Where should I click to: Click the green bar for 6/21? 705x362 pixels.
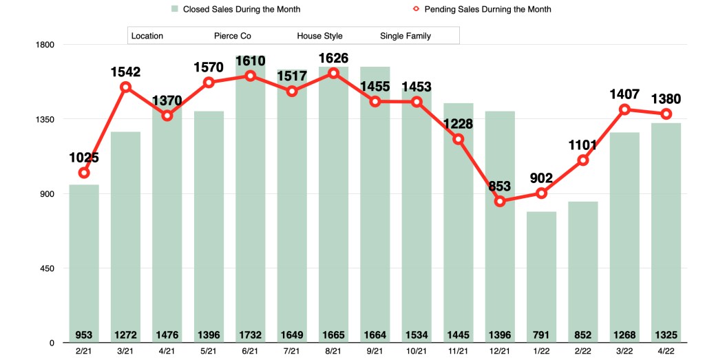(251, 206)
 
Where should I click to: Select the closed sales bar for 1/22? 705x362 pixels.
(541, 275)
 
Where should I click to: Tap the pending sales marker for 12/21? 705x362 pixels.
(500, 202)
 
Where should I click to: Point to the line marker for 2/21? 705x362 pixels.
(84, 173)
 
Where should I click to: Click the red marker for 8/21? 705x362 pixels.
(334, 73)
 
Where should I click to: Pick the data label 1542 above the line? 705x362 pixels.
(126, 72)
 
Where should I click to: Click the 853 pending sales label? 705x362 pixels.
(501, 186)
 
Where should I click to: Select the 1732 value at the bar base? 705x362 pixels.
(251, 335)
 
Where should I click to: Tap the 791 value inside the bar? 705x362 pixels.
(541, 335)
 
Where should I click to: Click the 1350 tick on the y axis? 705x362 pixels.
(45, 119)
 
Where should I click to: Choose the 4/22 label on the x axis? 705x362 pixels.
(666, 352)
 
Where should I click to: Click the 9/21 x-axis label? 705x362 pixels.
(375, 352)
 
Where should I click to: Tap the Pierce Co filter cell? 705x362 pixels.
(232, 36)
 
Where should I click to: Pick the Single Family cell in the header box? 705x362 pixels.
(406, 36)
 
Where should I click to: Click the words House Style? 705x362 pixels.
(319, 36)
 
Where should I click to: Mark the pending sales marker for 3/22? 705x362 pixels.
(624, 109)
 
